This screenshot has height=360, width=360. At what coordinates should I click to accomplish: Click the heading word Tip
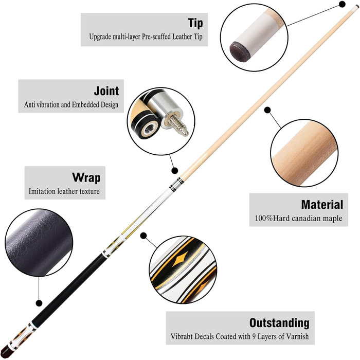click(195, 23)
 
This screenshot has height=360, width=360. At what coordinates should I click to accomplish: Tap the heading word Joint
click(106, 91)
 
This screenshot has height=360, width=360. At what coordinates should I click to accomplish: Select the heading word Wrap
click(86, 178)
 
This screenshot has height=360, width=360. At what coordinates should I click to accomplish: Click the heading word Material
click(322, 204)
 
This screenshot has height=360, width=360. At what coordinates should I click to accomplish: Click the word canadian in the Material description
click(306, 218)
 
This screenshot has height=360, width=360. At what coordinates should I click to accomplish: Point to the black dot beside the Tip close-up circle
click(341, 4)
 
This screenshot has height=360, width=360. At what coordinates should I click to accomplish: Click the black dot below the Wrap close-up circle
click(38, 303)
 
